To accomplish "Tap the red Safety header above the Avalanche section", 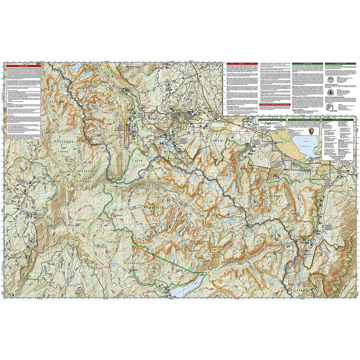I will click(240, 64).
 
